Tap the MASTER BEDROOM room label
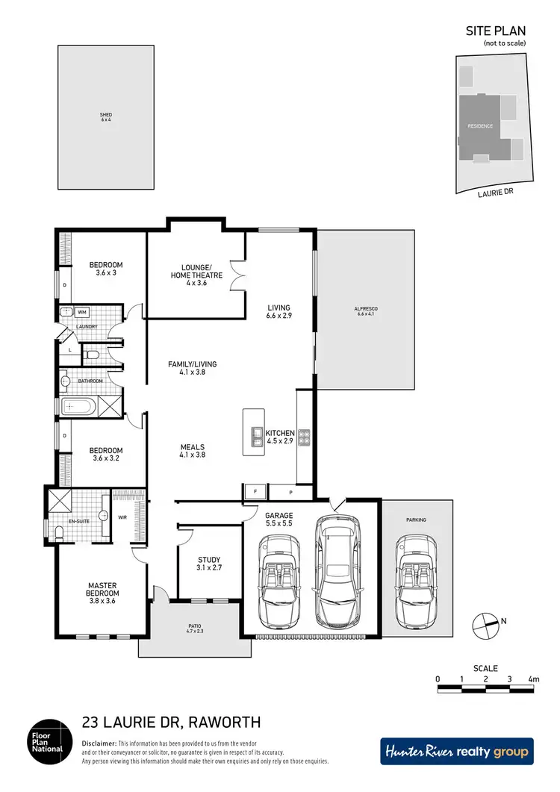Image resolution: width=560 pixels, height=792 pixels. (x=102, y=589)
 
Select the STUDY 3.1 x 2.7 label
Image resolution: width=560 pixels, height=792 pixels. (x=209, y=564)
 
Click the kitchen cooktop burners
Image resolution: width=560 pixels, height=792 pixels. (x=304, y=437)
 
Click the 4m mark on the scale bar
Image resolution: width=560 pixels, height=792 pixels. (x=533, y=679)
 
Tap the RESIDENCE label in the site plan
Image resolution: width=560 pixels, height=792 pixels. (x=480, y=126)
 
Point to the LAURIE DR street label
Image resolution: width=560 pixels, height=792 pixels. (x=495, y=193)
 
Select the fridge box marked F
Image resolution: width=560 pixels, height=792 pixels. (x=254, y=492)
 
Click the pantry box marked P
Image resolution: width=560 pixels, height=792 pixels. (x=292, y=492)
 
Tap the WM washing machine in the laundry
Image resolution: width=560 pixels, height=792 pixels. (x=83, y=312)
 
